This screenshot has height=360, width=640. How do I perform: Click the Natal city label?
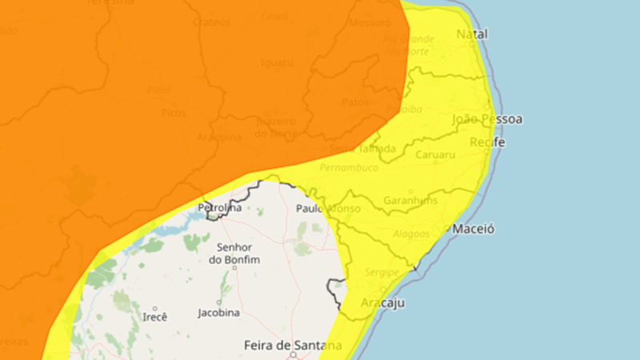(x=471, y=34)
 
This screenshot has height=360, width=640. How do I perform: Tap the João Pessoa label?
(x=487, y=119)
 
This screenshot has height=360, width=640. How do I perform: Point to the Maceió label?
(x=474, y=229)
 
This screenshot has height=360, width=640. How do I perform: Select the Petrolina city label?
(x=219, y=208)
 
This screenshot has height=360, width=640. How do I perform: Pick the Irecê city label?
(x=154, y=317)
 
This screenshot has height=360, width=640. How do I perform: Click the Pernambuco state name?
(x=348, y=168)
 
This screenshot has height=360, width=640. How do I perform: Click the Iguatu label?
(x=276, y=62)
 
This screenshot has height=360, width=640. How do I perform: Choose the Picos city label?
(x=173, y=113)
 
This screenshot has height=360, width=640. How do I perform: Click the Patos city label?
(x=354, y=102)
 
